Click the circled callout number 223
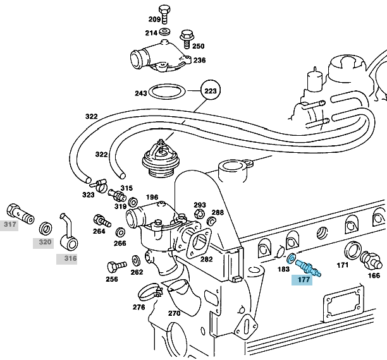210,91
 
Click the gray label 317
9,224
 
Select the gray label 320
44,241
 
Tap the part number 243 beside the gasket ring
140,93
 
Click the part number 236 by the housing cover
199,60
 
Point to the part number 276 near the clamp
139,308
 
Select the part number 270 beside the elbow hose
175,313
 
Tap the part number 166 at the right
374,275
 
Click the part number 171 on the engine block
343,265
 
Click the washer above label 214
164,30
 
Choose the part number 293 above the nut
200,205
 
